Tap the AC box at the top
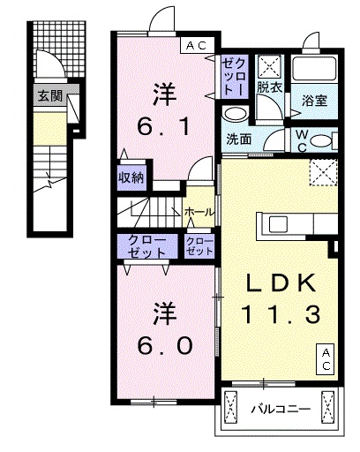point(194,45)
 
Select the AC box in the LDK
point(326,357)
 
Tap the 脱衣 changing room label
point(269,88)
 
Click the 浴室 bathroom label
point(314,100)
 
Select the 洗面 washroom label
point(238,138)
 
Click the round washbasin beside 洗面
point(234,114)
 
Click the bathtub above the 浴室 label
point(313,71)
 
